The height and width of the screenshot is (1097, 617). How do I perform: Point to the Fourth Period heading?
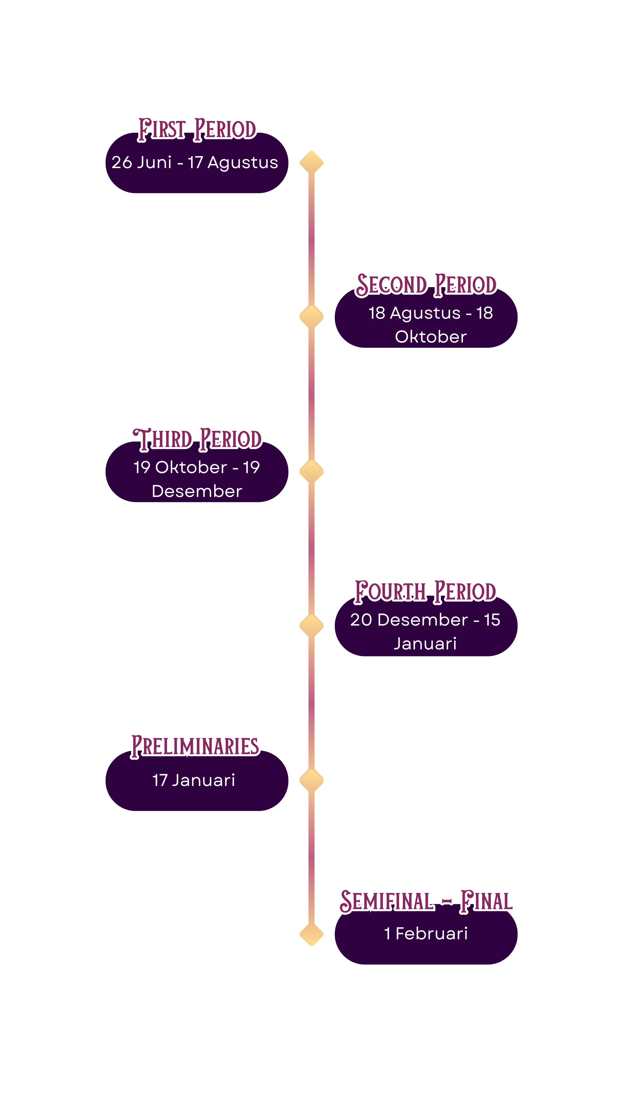(425, 591)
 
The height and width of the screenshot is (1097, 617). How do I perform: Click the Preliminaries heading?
(195, 746)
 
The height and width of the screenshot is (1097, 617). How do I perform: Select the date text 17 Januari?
(194, 780)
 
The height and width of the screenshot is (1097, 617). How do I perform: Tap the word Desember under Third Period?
(197, 491)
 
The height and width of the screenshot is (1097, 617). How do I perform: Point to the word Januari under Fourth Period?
(425, 643)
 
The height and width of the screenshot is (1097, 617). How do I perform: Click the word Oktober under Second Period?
(431, 337)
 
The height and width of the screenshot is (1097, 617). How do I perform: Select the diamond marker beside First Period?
(311, 162)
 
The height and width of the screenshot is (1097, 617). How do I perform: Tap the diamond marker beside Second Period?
(311, 316)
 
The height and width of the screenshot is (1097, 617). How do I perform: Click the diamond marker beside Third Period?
(311, 471)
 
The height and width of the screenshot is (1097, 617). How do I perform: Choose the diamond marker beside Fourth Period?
(311, 625)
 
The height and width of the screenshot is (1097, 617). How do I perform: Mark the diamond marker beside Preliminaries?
(311, 780)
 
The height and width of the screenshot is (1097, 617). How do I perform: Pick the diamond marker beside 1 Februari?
(311, 934)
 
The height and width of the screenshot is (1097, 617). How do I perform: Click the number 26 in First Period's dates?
(122, 162)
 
